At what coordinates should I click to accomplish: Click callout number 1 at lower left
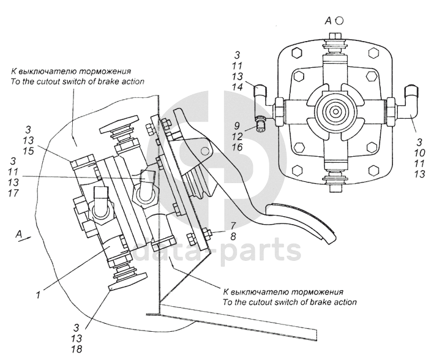coord(38,295)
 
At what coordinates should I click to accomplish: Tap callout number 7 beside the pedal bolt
coord(234,226)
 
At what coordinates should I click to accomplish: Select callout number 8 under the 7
coord(233,236)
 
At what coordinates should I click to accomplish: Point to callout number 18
coord(77,349)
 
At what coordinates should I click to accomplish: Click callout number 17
coord(13,193)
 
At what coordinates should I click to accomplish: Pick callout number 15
coord(28,151)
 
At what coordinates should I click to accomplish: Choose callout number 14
coord(238,87)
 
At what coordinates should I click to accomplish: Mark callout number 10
coord(419,153)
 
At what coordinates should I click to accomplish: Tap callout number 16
coord(238,147)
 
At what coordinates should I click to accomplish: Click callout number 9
coord(237,126)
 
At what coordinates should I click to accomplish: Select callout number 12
coord(238,137)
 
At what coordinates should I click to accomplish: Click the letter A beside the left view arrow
coord(18,234)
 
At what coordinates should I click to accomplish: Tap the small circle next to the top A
coord(340,20)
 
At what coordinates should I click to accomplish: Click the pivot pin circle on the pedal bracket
coord(205,151)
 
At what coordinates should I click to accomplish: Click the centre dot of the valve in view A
coord(336,112)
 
